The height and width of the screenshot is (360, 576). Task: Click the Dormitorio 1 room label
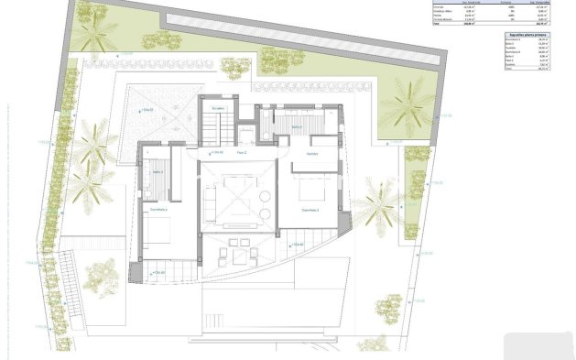pos(165,210)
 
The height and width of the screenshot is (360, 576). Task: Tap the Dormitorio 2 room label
pos(310,210)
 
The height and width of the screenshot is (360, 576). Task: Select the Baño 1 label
pos(158,171)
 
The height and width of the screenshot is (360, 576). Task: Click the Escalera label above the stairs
pos(218,109)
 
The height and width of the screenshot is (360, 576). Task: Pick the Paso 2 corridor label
pos(242,153)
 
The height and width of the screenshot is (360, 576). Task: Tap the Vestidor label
pos(312,153)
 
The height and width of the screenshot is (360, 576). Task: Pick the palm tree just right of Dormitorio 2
pos(376,203)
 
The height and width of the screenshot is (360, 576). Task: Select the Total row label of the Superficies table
pos(512,82)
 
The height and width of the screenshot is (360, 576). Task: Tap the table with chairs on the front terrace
pos(241,252)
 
